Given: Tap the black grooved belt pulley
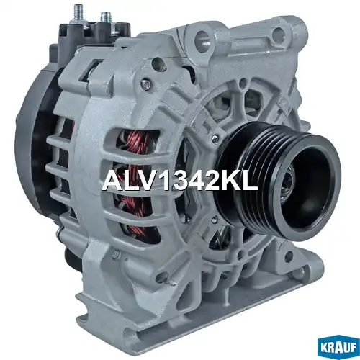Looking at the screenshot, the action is click(278, 179).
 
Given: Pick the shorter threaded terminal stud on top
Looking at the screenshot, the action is click(104, 17).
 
